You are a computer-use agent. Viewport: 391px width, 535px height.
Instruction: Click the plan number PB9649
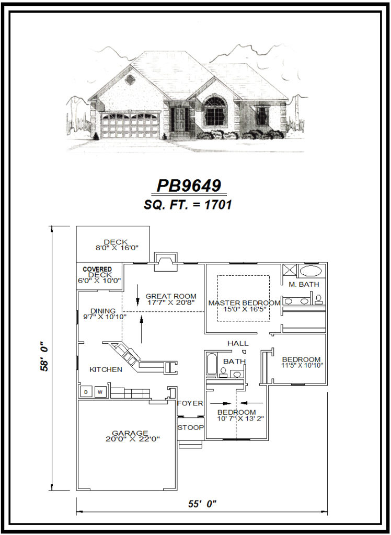point(189,186)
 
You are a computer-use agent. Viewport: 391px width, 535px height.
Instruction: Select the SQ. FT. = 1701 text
point(188,205)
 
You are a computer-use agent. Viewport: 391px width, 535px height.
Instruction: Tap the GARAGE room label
point(130,433)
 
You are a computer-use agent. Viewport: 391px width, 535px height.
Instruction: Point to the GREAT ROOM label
point(171,296)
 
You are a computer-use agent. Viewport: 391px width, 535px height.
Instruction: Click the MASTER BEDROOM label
point(244,303)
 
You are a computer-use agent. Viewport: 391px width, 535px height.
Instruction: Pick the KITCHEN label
point(106,369)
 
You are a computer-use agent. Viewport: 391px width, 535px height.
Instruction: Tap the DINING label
point(103,311)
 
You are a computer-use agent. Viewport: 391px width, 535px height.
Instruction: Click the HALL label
point(238,343)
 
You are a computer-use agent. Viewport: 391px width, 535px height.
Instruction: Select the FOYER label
point(190,403)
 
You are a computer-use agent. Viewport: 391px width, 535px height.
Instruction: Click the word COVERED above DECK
point(97,269)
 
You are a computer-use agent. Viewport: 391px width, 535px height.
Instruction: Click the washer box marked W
point(101,391)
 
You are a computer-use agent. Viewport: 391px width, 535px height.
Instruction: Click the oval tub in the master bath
point(311,271)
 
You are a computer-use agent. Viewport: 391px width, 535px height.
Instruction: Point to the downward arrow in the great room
point(137,295)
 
